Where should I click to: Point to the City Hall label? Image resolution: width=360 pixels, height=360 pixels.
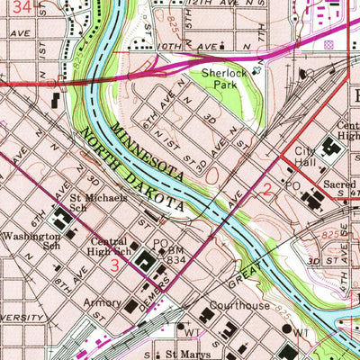click(x=308, y=157)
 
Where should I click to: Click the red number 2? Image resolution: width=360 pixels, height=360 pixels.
click(x=267, y=188)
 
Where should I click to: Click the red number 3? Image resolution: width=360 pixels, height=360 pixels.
click(x=114, y=266)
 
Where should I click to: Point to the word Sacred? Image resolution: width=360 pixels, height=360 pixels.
click(x=342, y=183)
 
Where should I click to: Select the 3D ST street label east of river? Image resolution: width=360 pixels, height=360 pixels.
click(x=325, y=259)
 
